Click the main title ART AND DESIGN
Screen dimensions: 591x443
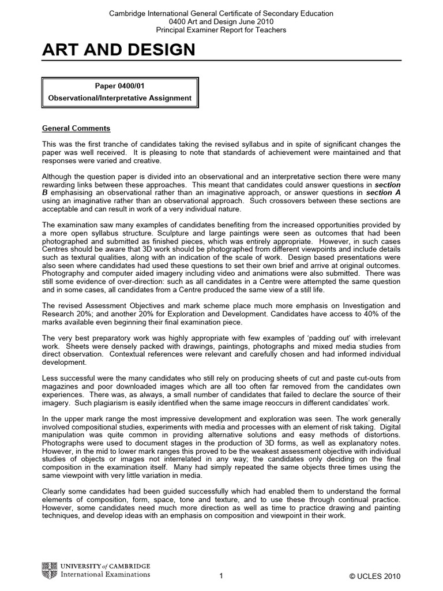(118, 52)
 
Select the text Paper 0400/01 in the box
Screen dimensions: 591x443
(120, 86)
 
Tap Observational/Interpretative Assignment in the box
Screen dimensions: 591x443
(120, 98)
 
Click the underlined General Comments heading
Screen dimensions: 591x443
(76, 128)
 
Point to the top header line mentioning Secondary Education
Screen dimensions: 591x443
(221, 13)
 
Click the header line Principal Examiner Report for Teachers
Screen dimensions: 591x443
(221, 29)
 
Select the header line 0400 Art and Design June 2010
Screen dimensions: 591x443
(221, 21)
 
